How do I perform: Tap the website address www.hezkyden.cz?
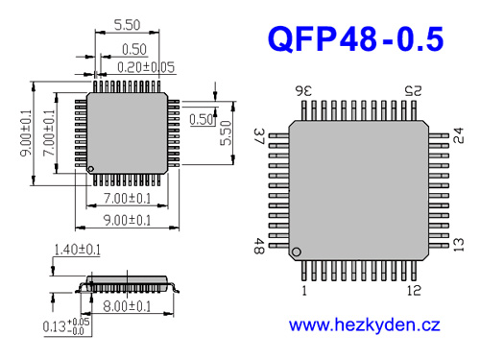pos(364,325)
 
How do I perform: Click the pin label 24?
pos(458,133)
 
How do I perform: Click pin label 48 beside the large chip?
pos(257,246)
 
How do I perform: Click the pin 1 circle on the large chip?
pos(297,252)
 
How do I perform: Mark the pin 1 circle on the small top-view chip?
pos(92,170)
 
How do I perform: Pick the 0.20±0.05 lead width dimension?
pos(147,66)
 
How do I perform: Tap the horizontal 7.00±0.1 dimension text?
pos(127,199)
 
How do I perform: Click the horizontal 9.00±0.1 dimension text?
pos(127,220)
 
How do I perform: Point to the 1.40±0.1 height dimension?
pos(78,250)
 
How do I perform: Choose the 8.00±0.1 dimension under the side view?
pos(126,306)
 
